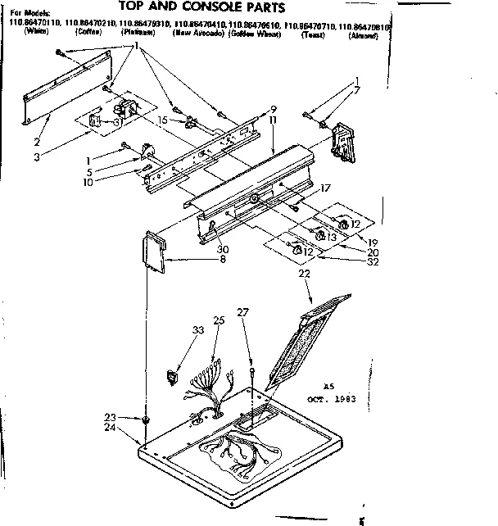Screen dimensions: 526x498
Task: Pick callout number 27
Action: tap(242, 312)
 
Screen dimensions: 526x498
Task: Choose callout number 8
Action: tap(223, 261)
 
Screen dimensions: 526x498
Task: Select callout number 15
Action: tap(163, 120)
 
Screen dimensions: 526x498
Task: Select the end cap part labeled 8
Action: tap(154, 253)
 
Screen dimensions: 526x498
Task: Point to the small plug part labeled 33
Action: tap(172, 378)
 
